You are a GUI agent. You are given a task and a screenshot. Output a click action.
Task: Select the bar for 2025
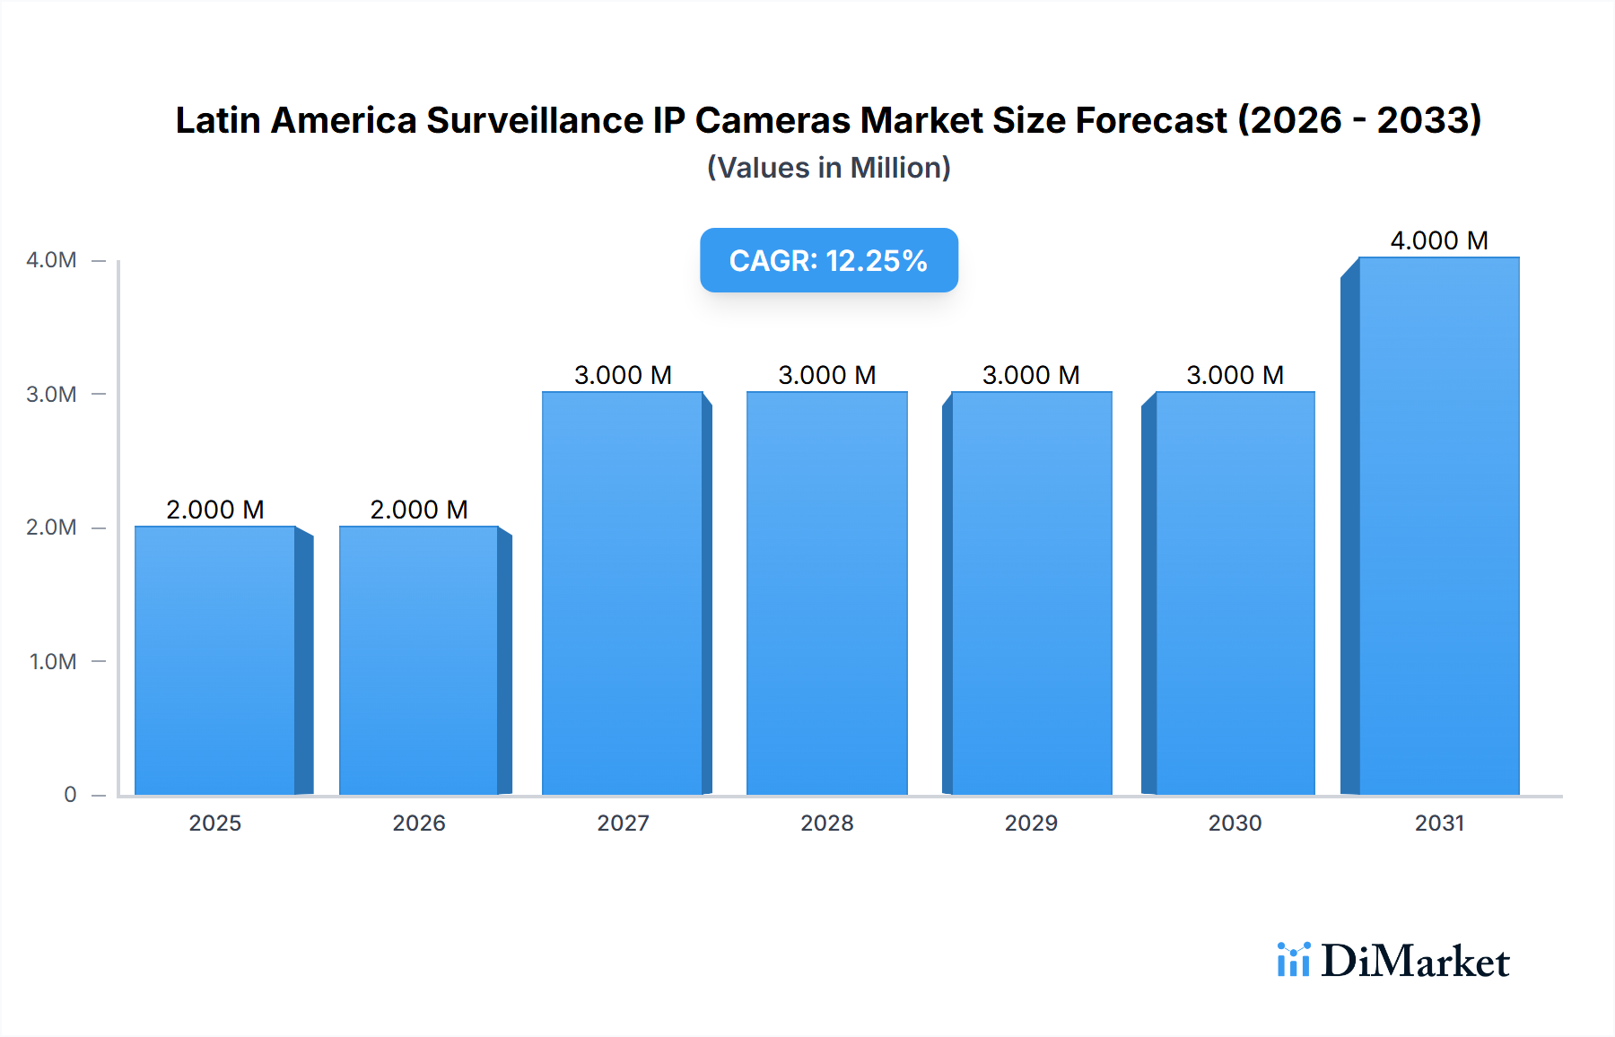215,660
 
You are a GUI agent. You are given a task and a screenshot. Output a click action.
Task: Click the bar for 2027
623,593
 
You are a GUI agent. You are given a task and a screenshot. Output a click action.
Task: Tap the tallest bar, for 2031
1438,526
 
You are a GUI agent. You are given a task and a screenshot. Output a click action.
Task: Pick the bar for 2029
1031,593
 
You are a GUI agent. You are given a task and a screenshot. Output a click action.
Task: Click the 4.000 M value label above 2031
1438,240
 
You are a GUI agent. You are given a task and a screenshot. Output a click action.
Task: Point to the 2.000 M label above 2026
419,510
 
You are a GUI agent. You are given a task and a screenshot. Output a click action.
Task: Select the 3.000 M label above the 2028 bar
826,375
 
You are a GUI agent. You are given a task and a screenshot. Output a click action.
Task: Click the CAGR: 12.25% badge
828,260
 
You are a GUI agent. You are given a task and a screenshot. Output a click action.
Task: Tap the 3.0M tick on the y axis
51,394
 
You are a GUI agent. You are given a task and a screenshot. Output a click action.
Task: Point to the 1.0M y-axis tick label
53,661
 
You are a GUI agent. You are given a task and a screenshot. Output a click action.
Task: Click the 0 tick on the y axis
70,794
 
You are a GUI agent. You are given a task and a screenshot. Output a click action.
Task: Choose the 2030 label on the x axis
1235,823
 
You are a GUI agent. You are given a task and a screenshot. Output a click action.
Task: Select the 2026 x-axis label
419,823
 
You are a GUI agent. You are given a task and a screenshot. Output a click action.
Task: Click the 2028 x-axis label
826,823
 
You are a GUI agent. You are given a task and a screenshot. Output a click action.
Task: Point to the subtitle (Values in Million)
828,168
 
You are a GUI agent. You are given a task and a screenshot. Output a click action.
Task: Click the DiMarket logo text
1415,961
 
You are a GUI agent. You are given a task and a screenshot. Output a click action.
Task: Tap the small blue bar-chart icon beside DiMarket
1293,960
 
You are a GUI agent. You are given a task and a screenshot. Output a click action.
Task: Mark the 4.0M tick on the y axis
51,260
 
